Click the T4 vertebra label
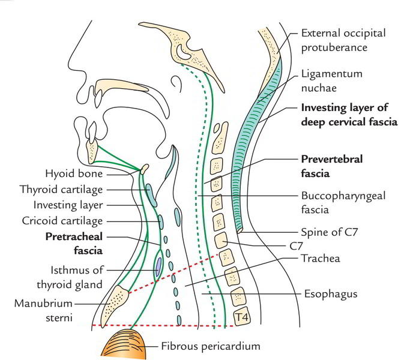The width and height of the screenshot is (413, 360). [x=241, y=316]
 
